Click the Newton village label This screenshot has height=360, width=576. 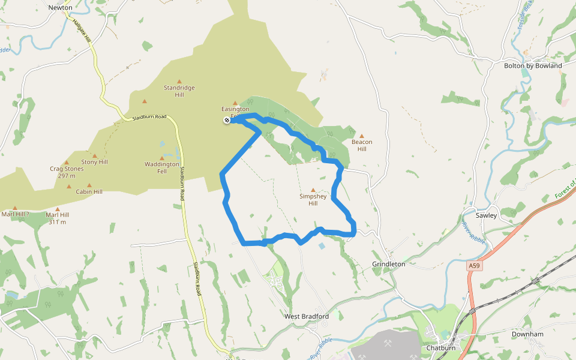pyautogui.click(x=60, y=8)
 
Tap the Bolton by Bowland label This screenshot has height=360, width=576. pyautogui.click(x=533, y=65)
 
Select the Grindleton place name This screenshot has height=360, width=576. pyautogui.click(x=389, y=264)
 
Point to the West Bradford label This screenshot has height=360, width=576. pyautogui.click(x=307, y=316)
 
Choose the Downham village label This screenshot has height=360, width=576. pyautogui.click(x=527, y=334)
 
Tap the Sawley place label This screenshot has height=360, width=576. pyautogui.click(x=486, y=215)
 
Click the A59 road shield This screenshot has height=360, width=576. pyautogui.click(x=475, y=265)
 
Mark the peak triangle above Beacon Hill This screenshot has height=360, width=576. pyautogui.click(x=361, y=135)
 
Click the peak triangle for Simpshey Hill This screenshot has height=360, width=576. pyautogui.click(x=313, y=190)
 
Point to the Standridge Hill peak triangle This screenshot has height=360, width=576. pyautogui.click(x=179, y=81)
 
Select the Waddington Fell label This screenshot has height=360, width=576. pyautogui.click(x=162, y=167)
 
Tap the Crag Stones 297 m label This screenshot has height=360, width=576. pyautogui.click(x=67, y=172)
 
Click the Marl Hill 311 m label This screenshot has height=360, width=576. pyautogui.click(x=58, y=218)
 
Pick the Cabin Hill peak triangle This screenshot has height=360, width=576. pyautogui.click(x=89, y=185)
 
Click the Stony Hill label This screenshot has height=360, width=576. pyautogui.click(x=95, y=162)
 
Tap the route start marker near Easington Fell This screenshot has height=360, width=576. pyautogui.click(x=227, y=121)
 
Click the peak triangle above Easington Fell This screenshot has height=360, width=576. pyautogui.click(x=235, y=103)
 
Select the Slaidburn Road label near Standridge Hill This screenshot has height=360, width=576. pyautogui.click(x=149, y=117)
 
